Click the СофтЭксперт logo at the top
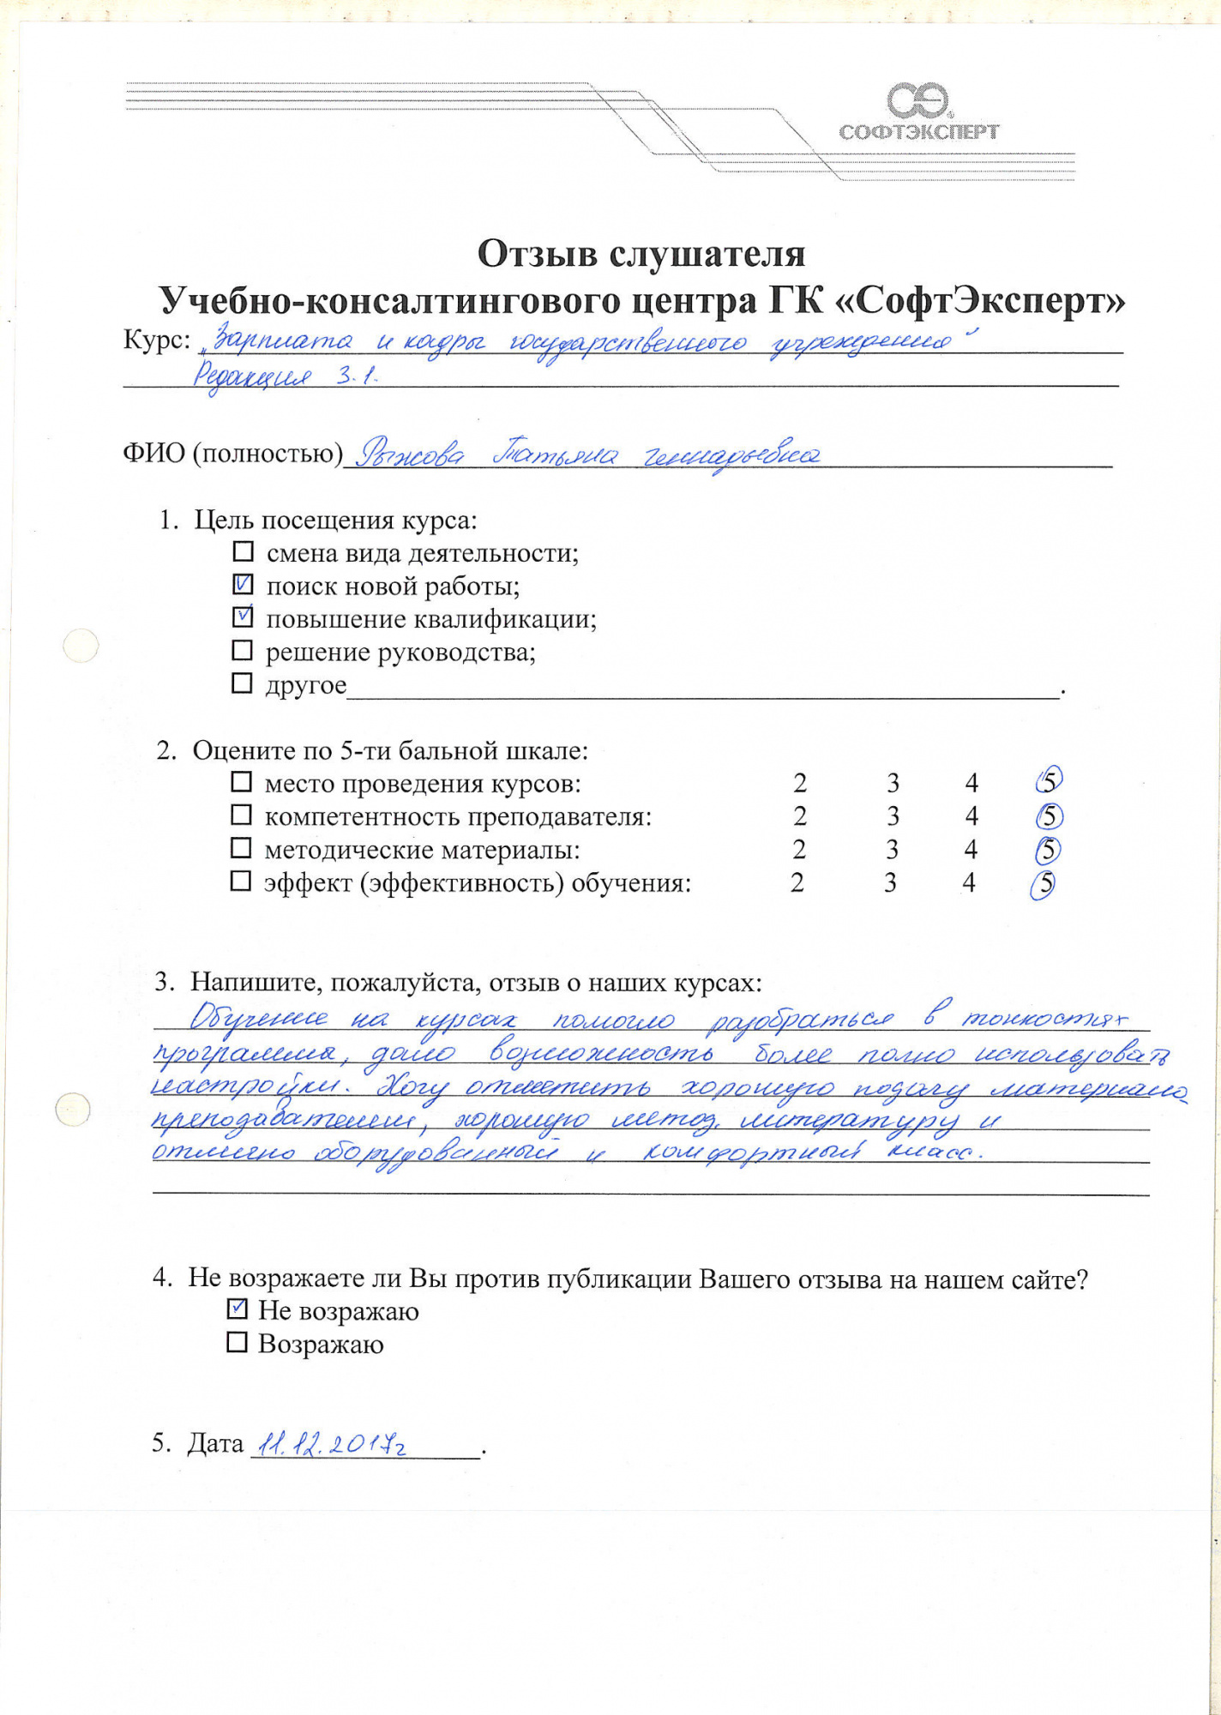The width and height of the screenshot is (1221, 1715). coord(918,112)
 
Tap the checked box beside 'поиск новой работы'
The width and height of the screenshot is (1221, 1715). coord(244,586)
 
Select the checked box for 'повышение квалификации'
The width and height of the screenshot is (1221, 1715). coord(244,617)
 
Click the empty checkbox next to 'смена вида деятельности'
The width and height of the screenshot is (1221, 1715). coord(244,551)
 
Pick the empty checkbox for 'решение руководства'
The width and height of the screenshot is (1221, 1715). coord(243,651)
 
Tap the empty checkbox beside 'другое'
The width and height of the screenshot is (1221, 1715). coord(243,683)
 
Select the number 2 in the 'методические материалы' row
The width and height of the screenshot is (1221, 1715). coord(799,850)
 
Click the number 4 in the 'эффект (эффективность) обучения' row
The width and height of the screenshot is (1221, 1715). coord(969,882)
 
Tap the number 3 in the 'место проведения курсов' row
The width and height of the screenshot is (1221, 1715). coord(893,783)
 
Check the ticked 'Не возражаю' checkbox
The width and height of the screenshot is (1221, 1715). coord(238,1309)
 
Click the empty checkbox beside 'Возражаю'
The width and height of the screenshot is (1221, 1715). coord(237,1342)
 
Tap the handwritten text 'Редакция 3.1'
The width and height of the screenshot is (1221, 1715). coord(284,376)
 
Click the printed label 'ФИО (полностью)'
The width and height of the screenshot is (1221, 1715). coord(232,453)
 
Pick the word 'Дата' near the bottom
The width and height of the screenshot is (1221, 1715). coord(216,1444)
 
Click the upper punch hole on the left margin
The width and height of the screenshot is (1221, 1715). coord(81,646)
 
